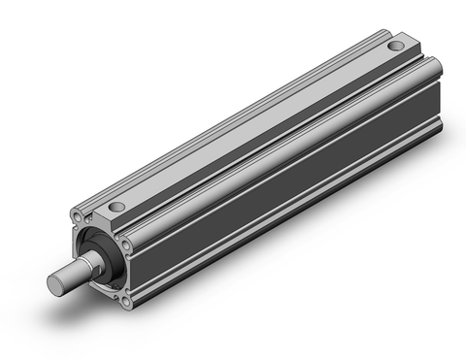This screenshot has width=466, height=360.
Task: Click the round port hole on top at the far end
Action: (395, 46)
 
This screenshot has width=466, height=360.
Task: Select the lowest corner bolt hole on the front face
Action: (129, 303)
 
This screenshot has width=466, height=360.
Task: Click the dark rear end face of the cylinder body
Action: (442, 97)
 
